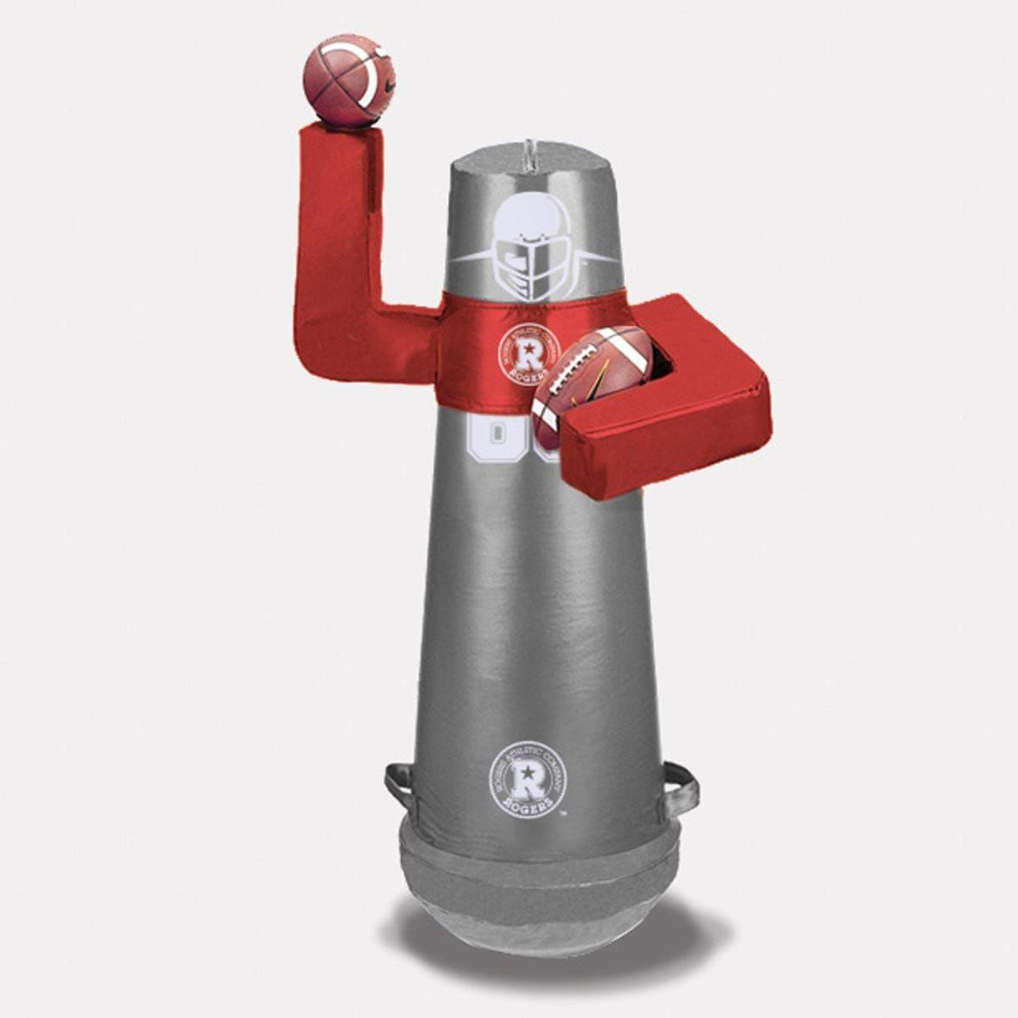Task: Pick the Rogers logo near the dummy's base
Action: [527, 777]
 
